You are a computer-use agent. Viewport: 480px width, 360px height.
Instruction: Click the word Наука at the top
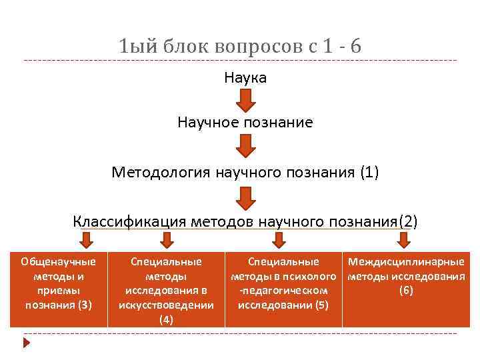tap(245, 78)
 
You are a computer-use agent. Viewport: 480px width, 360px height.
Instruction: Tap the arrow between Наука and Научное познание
tap(245, 101)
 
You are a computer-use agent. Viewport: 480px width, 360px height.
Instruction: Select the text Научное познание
tap(245, 123)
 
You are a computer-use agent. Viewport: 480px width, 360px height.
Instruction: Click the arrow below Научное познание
tap(245, 146)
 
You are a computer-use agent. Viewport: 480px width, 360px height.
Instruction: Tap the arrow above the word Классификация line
tap(245, 197)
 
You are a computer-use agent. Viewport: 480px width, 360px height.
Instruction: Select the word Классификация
tap(129, 221)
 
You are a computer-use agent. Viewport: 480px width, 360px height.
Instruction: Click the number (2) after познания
tap(407, 221)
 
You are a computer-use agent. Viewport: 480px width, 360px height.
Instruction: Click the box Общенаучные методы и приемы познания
tap(59, 289)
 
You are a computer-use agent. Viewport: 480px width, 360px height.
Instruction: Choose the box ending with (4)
tap(166, 289)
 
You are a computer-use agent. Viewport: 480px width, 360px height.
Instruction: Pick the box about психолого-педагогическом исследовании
tap(283, 289)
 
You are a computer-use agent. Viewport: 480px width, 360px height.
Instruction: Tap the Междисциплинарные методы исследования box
tap(406, 289)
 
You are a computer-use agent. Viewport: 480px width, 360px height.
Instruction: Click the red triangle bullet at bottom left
tap(27, 343)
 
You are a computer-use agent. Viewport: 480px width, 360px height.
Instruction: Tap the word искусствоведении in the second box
tap(166, 305)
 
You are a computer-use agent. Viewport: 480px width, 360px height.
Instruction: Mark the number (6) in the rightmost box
tap(406, 291)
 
